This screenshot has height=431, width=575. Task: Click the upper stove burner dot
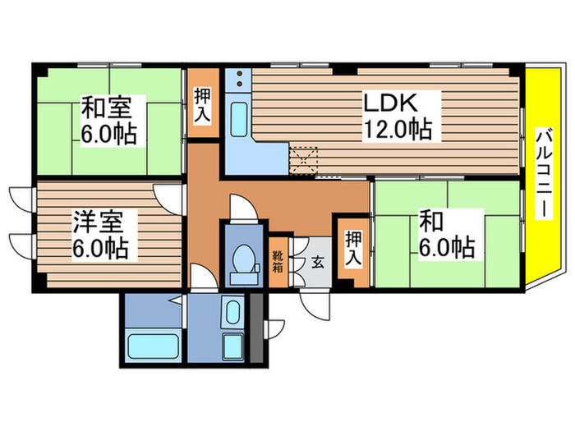[240, 74]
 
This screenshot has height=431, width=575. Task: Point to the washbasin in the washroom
[232, 314]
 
